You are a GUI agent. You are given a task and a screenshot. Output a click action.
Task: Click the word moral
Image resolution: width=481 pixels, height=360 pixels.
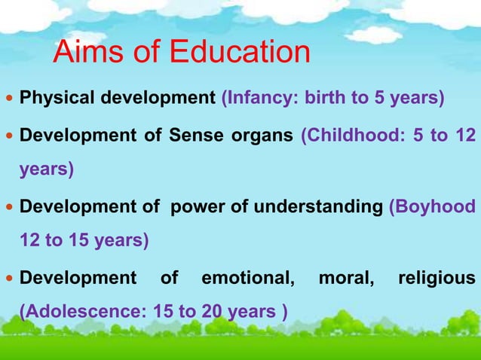(346, 278)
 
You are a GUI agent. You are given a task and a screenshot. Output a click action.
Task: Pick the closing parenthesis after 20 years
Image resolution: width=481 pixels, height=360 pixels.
(283, 312)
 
